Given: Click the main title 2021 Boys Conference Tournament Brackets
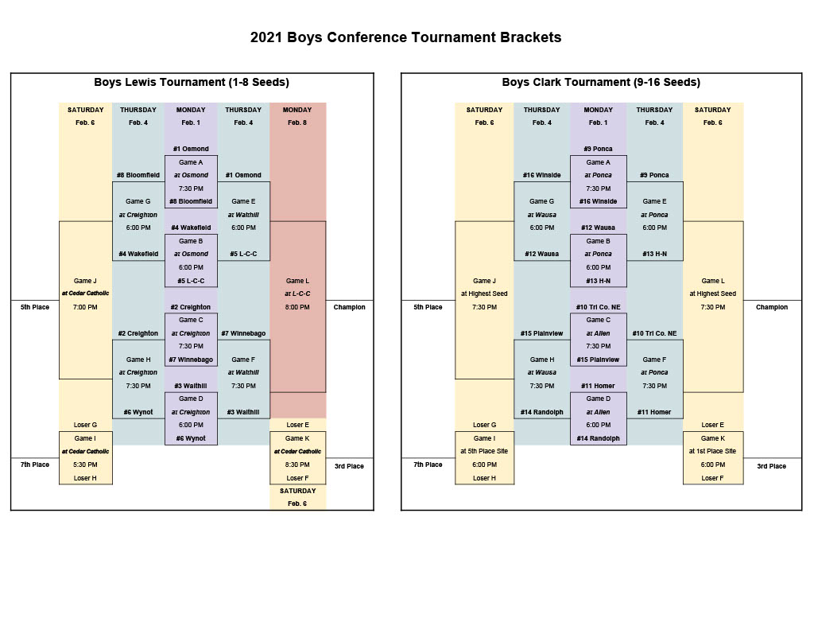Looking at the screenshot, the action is point(405,37).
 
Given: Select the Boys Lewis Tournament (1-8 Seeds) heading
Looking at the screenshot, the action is point(192,82).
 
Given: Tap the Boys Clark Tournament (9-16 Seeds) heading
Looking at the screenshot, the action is point(601,82).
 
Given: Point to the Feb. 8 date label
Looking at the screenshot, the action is point(297,122).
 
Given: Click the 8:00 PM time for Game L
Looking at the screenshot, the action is point(297,307).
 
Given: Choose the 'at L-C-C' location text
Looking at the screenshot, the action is point(297,294).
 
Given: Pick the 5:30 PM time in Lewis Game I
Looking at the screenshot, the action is point(85,465).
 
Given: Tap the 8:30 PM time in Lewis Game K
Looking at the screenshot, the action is point(297,465).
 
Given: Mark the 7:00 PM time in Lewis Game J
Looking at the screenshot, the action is point(85,307).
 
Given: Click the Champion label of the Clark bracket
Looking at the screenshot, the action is point(771,307).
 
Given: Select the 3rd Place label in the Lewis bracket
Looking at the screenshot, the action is point(349,466).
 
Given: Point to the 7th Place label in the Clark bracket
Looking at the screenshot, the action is point(428,465).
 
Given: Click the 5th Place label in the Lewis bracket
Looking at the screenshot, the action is point(35,307).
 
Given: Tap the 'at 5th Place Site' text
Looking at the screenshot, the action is point(484,451).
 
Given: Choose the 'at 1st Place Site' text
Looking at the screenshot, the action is point(712,451).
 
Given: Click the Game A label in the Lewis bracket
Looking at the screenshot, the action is point(191,162).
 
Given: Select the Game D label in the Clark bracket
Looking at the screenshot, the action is point(598,399).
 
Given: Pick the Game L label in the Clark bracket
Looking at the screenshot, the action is point(712,281).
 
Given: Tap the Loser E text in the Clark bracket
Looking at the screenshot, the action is point(712,425).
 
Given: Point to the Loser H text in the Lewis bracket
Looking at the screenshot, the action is point(85,478).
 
